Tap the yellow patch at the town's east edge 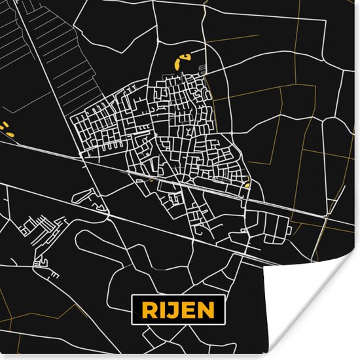click(x=247, y=185)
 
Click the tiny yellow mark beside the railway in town click(x=151, y=181)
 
